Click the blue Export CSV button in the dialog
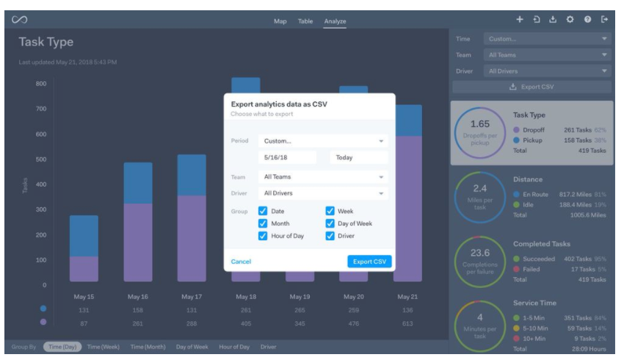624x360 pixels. coord(369,262)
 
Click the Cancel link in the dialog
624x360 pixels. coord(241,262)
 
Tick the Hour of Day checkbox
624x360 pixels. coord(263,236)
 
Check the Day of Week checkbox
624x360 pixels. coord(330,223)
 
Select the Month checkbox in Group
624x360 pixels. coord(263,223)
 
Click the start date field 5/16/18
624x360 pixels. coord(286,157)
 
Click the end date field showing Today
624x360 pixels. coord(358,157)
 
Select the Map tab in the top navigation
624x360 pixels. coord(280,21)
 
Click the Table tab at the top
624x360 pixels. coord(305,21)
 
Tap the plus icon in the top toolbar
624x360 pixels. coord(520,19)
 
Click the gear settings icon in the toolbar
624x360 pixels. coord(570,19)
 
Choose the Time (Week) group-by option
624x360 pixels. coord(103,347)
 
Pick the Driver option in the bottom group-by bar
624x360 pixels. coord(268,347)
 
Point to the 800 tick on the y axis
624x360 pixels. coord(41,84)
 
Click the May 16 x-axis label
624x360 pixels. coord(138,297)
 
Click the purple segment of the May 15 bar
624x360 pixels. coord(84,269)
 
